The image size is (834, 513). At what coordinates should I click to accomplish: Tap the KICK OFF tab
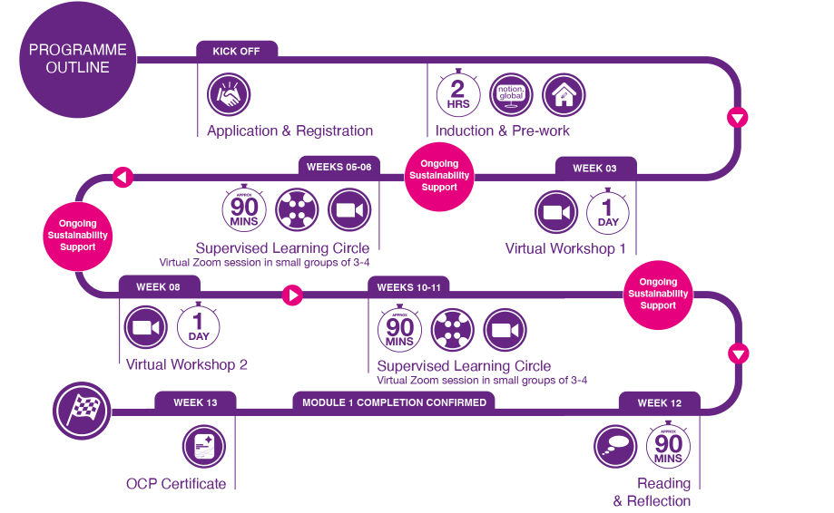tap(236, 51)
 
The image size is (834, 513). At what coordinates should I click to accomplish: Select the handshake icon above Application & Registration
tap(229, 94)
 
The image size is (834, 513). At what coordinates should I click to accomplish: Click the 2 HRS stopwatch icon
tap(458, 94)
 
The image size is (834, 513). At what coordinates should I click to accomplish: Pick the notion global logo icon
tap(511, 94)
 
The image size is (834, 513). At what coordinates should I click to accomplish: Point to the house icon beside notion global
tap(564, 94)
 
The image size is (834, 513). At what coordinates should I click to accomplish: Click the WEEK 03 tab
tap(594, 168)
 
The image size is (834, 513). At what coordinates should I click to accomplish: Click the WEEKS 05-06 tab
tap(338, 166)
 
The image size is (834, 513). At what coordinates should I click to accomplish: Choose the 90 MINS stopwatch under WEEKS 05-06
tap(243, 208)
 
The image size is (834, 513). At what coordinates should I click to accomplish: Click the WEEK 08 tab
tap(158, 286)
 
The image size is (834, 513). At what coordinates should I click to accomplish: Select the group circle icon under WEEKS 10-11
tap(453, 330)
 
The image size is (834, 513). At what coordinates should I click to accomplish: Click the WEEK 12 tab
tap(659, 402)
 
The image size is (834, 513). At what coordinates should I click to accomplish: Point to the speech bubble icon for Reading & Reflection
tap(615, 446)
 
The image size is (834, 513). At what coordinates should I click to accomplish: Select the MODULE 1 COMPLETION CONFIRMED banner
tap(394, 402)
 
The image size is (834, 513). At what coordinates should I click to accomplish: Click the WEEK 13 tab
tap(195, 402)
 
